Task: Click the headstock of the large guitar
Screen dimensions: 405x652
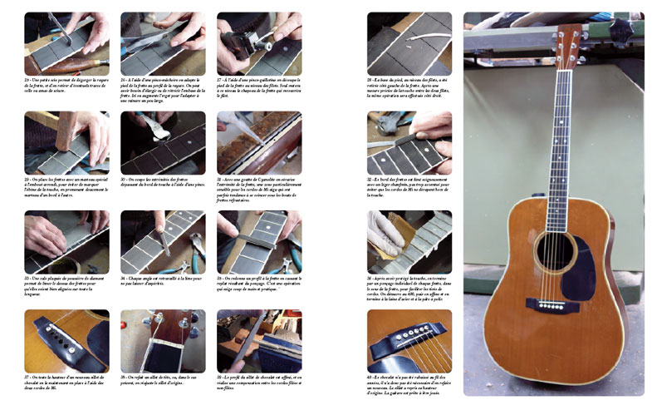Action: (569, 42)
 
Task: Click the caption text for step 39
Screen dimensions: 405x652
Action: (258, 381)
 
